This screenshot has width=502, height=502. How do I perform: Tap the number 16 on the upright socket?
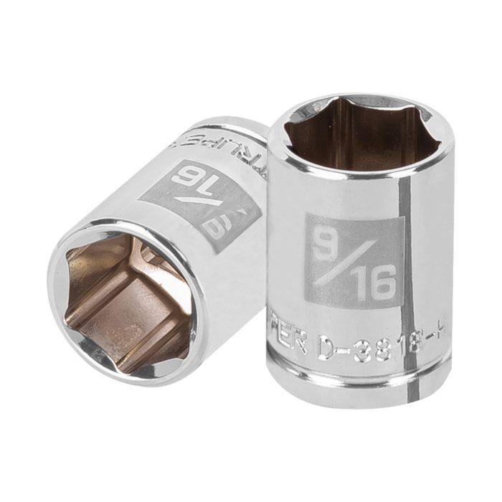pyautogui.click(x=374, y=284)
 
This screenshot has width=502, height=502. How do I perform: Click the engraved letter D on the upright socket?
pyautogui.click(x=326, y=351)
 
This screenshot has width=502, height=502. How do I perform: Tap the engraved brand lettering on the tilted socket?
pyautogui.click(x=215, y=144)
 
